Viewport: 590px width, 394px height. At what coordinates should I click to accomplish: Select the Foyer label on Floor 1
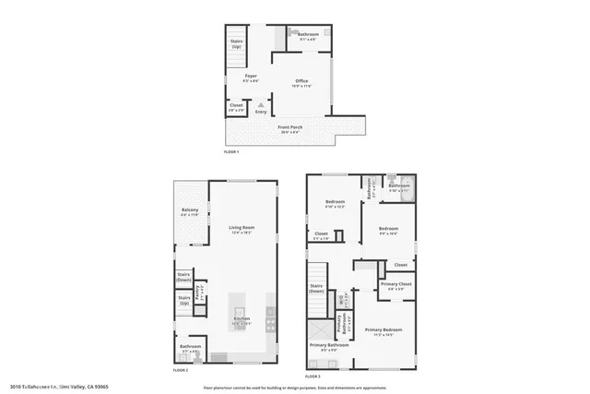250,78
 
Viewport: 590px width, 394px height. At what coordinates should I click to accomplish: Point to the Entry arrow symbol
261,105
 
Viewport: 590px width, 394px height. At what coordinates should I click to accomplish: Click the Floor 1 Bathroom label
307,36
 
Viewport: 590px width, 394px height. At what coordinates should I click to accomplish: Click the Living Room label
242,229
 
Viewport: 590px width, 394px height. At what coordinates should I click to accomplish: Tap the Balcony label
190,212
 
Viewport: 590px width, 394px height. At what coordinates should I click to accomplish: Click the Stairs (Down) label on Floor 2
183,275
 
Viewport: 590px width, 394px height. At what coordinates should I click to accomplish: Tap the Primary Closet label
396,286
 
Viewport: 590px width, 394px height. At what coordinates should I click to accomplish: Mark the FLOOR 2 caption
181,369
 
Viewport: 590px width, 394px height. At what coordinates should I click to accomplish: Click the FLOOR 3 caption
313,376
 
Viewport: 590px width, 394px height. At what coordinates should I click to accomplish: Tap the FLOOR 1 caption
231,150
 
